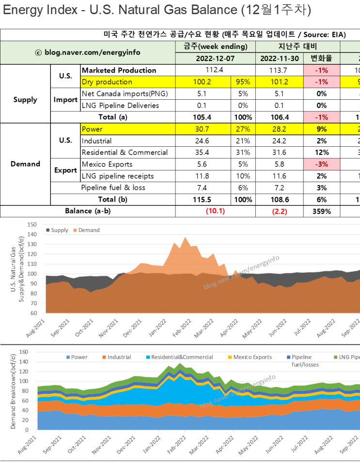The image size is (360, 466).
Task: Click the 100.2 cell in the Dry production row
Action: tap(203, 82)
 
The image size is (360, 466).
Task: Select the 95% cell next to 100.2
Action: tap(243, 82)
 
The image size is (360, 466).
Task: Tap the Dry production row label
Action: tap(107, 82)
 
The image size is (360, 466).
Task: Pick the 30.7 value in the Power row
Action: tap(203, 129)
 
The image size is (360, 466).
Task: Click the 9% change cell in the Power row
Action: tap(322, 129)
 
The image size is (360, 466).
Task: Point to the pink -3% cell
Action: tap(322, 164)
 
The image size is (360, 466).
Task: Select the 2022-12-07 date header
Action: tap(215, 59)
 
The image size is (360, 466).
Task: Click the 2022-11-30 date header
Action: tap(279, 59)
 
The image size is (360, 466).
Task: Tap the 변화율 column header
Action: tap(322, 59)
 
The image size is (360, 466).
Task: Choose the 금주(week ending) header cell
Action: tap(215, 47)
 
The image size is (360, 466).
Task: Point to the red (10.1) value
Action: tap(216, 211)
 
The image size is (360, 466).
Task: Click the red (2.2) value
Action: tap(280, 211)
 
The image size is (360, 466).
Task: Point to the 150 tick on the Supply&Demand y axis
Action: tap(32, 224)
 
